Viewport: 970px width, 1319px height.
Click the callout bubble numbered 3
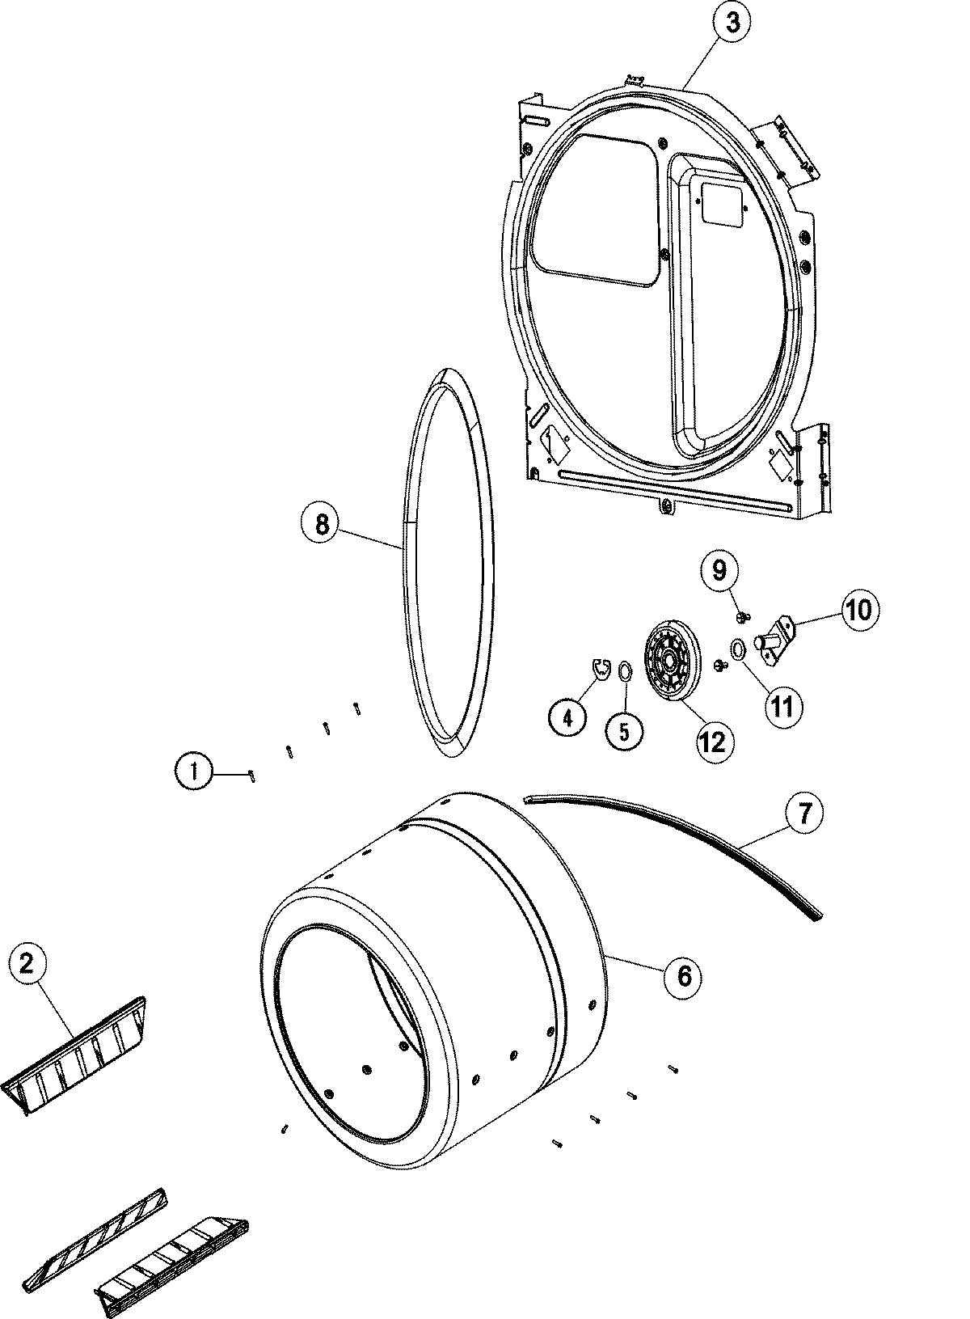[x=732, y=23]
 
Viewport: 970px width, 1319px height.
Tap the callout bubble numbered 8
[x=322, y=525]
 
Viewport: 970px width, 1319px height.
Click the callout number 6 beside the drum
[x=684, y=976]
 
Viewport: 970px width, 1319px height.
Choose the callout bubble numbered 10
[x=859, y=609]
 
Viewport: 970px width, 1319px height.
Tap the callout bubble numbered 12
[x=712, y=740]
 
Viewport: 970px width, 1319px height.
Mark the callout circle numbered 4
[x=568, y=716]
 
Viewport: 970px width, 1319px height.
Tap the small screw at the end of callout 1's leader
[x=253, y=776]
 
